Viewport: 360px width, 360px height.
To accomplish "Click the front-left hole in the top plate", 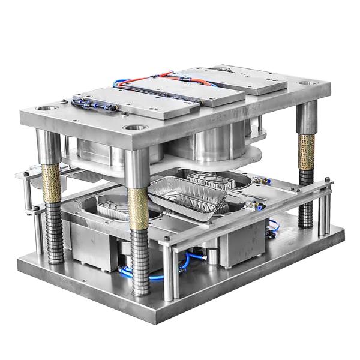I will (x=45, y=109).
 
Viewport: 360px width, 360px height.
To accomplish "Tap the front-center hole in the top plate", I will (x=133, y=127).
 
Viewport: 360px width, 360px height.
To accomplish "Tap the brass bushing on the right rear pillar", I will (x=307, y=152).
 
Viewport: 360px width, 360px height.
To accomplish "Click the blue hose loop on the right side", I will (x=273, y=227).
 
